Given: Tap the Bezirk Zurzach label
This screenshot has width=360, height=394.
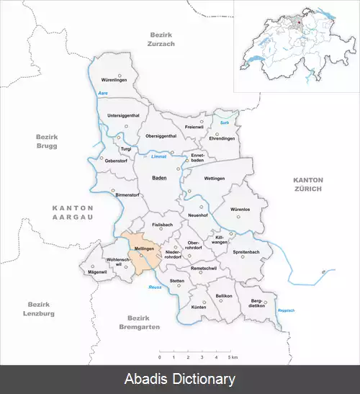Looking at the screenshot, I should pos(163,39).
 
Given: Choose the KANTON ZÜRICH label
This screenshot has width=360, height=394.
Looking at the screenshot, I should pos(308,184).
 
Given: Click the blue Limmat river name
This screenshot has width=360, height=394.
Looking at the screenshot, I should pos(159,156).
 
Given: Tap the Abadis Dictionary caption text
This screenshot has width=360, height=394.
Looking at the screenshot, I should pos(180,379).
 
